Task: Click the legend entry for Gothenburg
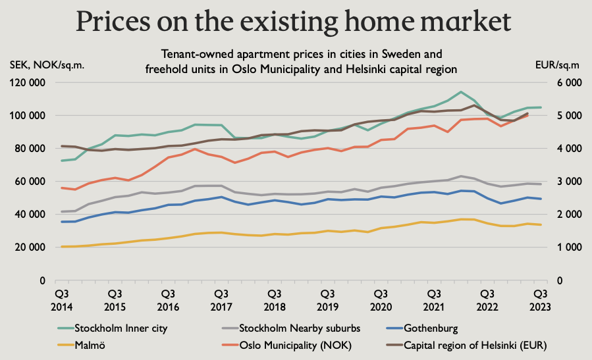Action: click(x=432, y=327)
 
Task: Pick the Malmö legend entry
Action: click(x=90, y=344)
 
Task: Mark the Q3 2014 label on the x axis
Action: click(x=61, y=299)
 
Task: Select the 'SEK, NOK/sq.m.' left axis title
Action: click(x=47, y=65)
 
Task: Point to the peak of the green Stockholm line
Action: click(x=461, y=92)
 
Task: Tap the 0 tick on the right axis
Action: click(x=560, y=280)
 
